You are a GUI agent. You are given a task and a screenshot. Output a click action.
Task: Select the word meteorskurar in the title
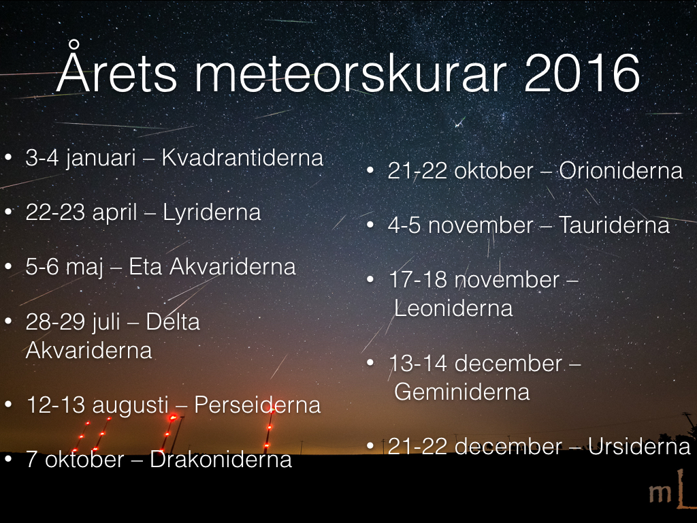[x=351, y=73]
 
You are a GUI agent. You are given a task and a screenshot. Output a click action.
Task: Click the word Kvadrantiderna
[x=242, y=157]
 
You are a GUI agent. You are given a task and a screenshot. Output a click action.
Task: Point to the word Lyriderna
[x=212, y=212]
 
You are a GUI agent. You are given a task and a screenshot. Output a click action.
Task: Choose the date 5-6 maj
[x=65, y=268]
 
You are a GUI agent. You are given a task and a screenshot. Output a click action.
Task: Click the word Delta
[x=173, y=321]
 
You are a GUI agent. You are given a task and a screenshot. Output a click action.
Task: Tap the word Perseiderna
[x=257, y=405]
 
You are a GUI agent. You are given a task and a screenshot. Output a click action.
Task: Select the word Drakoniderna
[x=221, y=460]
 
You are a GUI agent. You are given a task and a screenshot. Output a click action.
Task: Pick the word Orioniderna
[x=621, y=171]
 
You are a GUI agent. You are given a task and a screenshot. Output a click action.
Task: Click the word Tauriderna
[x=614, y=225]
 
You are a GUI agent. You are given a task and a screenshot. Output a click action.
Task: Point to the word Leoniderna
[x=453, y=308]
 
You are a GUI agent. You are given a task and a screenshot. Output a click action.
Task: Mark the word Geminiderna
[x=462, y=392]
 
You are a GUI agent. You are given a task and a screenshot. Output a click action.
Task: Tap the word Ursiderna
[x=638, y=447]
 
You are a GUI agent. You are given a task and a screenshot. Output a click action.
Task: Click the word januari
[x=101, y=159]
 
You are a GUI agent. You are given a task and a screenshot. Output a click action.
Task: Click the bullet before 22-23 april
[x=8, y=212]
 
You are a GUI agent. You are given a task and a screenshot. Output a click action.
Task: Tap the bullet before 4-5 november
[x=370, y=225]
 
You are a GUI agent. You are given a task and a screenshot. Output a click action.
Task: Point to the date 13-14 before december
[x=418, y=364]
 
